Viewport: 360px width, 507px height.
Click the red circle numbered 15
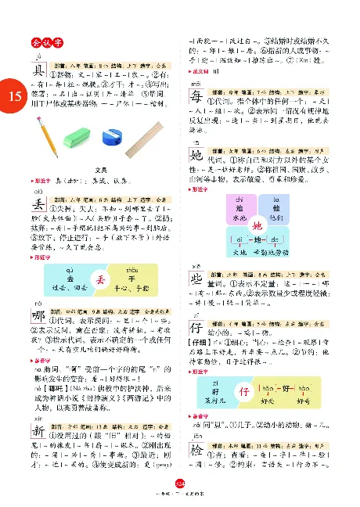point(12,96)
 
